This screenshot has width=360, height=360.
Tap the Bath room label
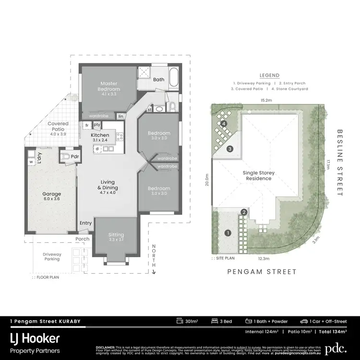coord(159,80)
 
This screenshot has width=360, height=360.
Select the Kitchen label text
coord(100,135)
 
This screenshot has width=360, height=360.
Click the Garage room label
coord(51,194)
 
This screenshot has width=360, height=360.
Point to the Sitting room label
coord(116,235)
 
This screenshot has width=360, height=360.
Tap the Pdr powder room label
coord(75,156)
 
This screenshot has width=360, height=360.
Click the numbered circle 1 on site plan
coord(228,233)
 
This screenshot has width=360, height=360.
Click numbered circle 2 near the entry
coord(244,212)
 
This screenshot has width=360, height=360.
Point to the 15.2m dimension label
coord(266,101)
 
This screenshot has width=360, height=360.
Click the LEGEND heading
coord(269,75)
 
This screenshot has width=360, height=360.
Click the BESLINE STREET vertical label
coord(339,162)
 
